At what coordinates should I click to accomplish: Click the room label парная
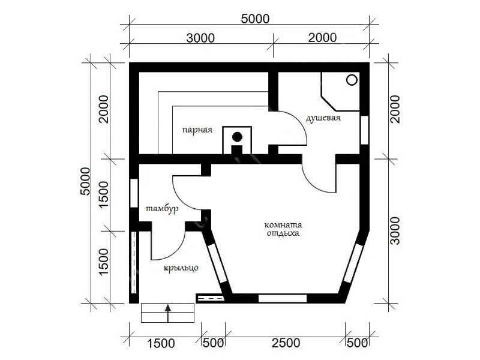click(197, 130)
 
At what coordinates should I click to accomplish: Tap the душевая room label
click(323, 118)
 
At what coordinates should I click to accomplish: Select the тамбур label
click(161, 209)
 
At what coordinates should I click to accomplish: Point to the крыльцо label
click(181, 268)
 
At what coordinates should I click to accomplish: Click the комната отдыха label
click(283, 229)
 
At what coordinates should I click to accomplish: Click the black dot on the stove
click(237, 137)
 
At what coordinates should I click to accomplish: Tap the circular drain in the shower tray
click(352, 80)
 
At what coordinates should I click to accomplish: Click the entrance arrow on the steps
click(168, 313)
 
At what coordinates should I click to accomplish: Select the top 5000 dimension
click(255, 19)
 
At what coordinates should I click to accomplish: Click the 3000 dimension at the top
click(200, 38)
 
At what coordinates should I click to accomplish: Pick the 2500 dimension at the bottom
click(286, 343)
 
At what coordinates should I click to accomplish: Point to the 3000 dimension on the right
click(395, 231)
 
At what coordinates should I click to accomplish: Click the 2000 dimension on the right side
click(395, 109)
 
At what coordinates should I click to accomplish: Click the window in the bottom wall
click(283, 298)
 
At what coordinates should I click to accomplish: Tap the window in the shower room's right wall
click(364, 130)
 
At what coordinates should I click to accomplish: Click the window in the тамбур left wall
click(134, 193)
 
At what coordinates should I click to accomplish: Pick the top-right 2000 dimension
click(322, 38)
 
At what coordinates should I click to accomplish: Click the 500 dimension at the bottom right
click(357, 343)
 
